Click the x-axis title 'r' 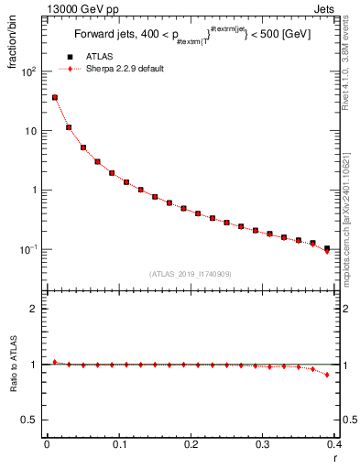coord(333,457)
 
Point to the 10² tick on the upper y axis coord(30,71)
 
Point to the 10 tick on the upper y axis coord(32,131)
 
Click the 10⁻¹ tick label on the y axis coord(30,249)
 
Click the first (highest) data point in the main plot coord(55,97)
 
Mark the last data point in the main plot coord(327,249)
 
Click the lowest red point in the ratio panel coord(327,375)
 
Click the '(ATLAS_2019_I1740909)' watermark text coord(190,274)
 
